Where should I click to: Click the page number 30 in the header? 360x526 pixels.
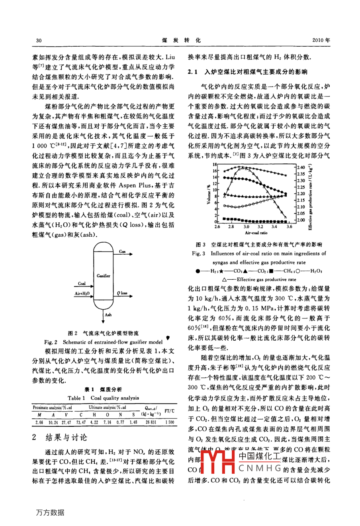pos(39,40)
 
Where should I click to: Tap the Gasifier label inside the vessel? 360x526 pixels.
pos(103,276)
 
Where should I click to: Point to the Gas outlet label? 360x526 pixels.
pos(122,251)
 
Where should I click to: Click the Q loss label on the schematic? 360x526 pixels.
pos(122,293)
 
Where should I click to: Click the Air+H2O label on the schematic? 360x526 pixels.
pos(82,294)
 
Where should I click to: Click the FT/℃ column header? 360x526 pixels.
pos(169,411)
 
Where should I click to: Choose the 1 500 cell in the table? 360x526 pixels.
pos(169,422)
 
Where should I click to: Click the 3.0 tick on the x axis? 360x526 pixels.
pos(246,227)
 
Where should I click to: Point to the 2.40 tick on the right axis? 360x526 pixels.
pos(301,167)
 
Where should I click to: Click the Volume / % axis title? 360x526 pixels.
pos(208,194)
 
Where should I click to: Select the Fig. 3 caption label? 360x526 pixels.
pos(198,253)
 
